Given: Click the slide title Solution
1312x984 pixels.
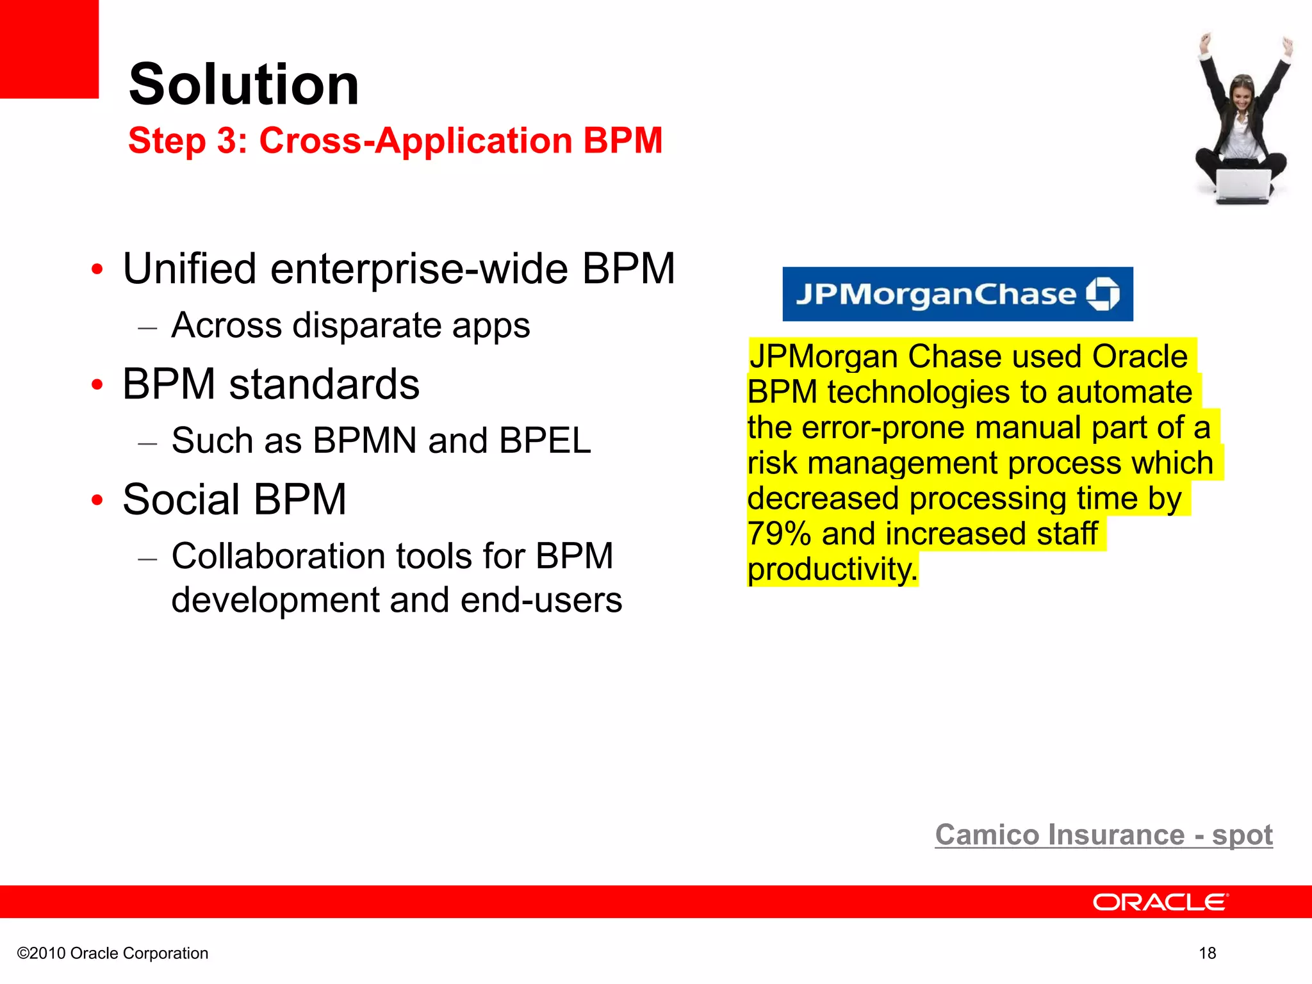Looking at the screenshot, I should point(243,85).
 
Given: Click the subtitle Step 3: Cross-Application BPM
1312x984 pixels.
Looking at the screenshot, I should point(395,140).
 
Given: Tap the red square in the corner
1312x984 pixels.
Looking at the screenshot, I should point(49,49).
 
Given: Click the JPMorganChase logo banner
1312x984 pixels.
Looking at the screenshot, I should point(957,294).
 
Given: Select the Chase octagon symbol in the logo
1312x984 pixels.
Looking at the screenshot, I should point(1103,294).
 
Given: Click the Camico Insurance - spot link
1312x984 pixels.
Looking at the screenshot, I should point(1103,835).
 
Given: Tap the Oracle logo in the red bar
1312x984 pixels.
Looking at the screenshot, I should point(1160,902).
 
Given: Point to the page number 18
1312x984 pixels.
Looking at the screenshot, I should point(1207,953).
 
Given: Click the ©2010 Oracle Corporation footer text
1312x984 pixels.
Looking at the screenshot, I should point(113,953).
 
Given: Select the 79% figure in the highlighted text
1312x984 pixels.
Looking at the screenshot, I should point(779,534).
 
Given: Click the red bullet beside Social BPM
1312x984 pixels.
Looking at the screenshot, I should point(97,500).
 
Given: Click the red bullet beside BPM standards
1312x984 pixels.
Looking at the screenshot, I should point(97,384).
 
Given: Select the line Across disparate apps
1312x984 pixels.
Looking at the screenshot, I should point(350,325).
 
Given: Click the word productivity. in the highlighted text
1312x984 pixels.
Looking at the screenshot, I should point(832,570).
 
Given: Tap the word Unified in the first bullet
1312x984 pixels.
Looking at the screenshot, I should point(189,268).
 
